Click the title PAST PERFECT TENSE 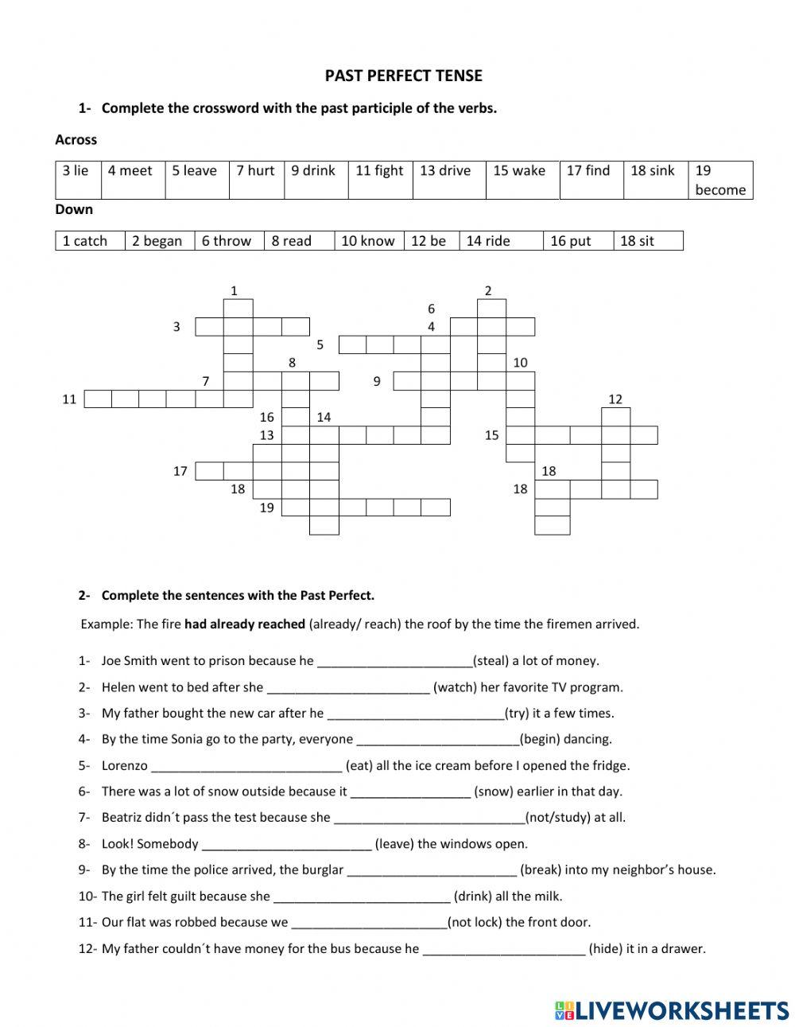pos(403,76)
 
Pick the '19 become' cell pos(719,180)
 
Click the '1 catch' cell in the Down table pos(89,241)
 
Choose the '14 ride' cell pos(501,241)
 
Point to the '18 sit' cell pos(647,241)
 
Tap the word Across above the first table pos(76,140)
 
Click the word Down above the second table pos(74,210)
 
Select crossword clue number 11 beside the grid pos(69,399)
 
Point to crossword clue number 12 pos(615,399)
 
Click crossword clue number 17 pos(180,471)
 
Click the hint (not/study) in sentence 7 pos(558,818)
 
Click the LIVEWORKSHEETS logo pos(671,1009)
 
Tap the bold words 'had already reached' pos(245,624)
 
